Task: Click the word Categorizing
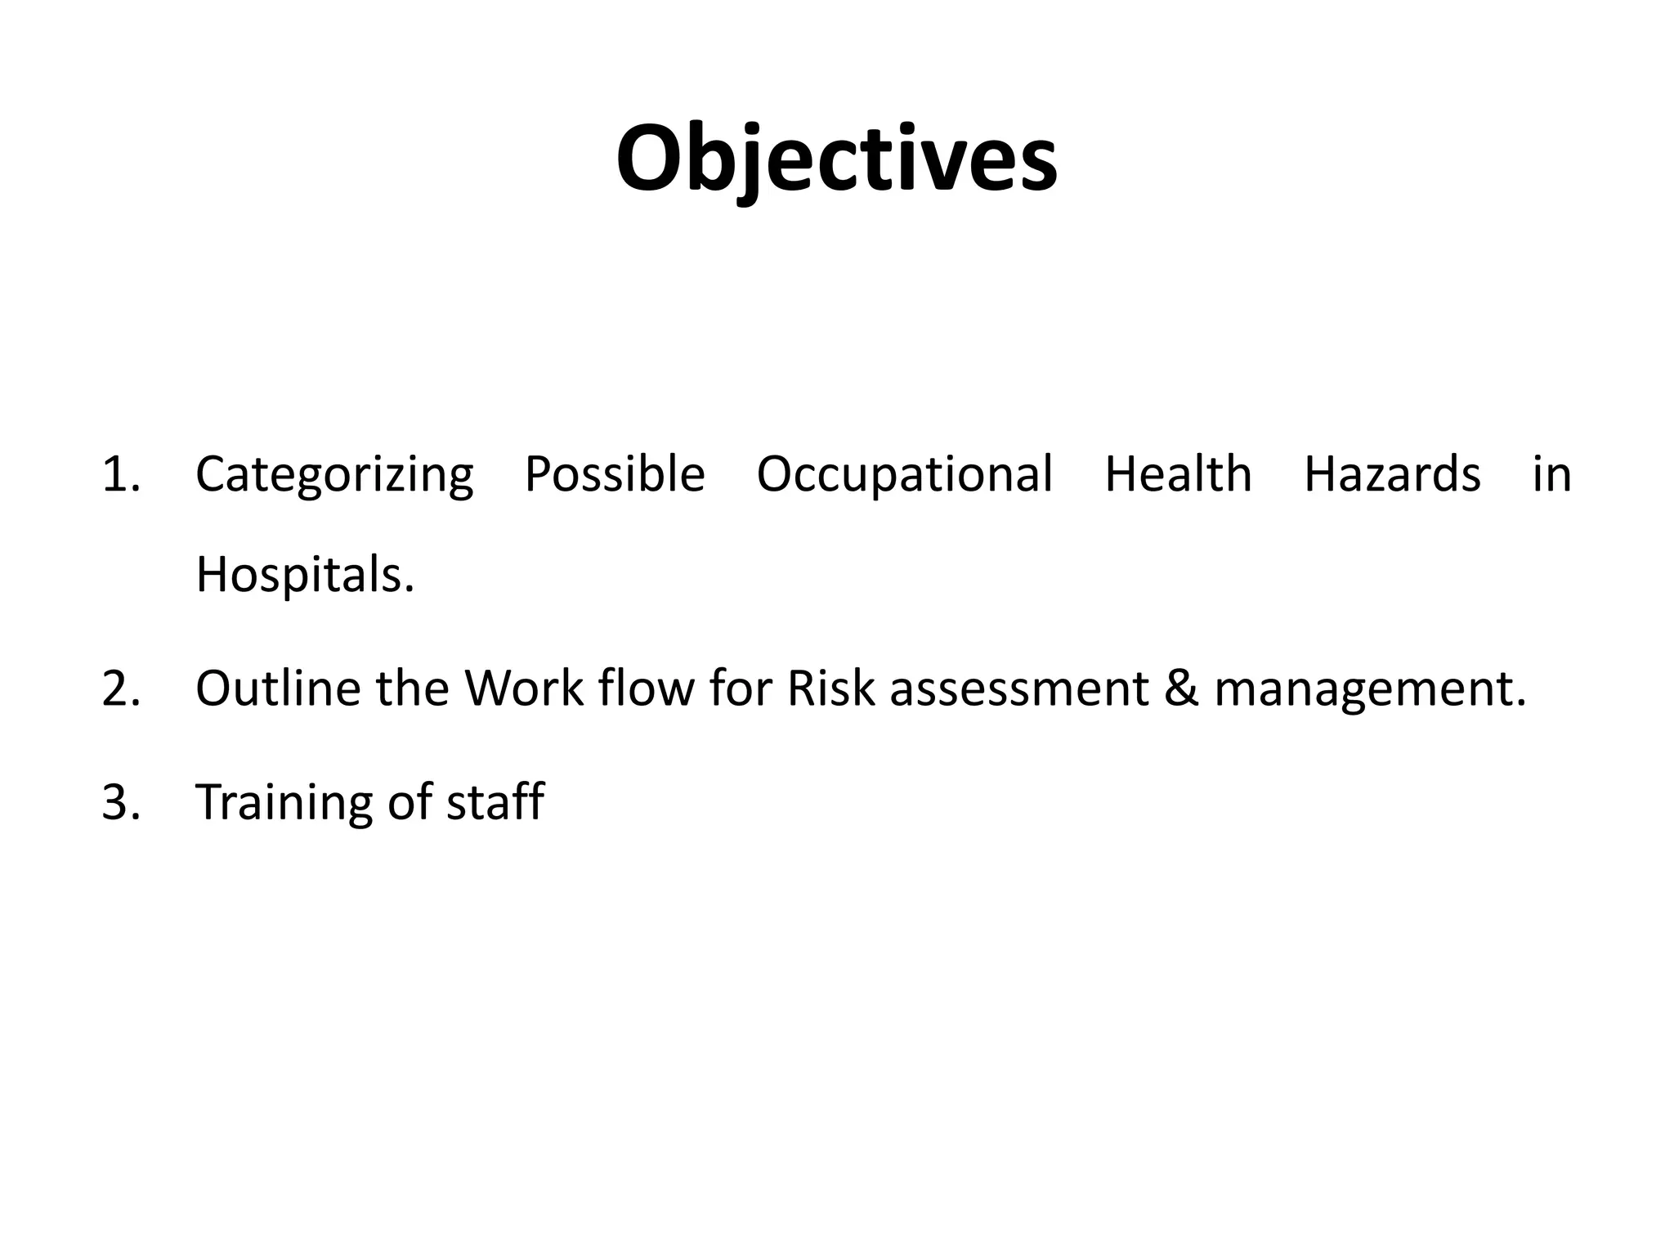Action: coord(334,475)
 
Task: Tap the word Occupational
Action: coord(904,475)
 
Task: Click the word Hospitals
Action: coord(305,575)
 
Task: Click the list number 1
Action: coord(120,474)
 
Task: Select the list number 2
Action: coord(120,689)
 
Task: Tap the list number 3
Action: coord(120,801)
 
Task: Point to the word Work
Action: coord(524,689)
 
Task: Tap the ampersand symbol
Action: coord(1181,689)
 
